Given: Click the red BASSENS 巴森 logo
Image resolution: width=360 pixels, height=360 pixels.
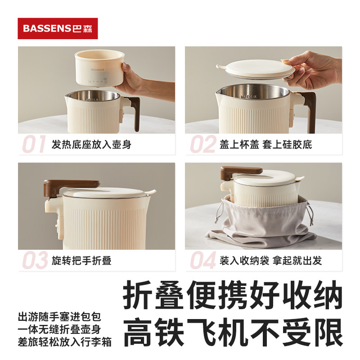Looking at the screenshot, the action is click(58, 28).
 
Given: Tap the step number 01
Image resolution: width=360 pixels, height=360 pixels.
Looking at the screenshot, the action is click(34, 144).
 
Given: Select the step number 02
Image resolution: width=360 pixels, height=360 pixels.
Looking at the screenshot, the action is click(203, 144).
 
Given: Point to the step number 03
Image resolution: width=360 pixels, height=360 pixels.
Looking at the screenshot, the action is click(35, 260).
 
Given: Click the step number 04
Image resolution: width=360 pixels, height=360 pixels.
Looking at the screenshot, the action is click(203, 260).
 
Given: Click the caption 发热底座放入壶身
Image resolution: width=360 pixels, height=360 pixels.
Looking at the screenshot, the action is click(91, 144).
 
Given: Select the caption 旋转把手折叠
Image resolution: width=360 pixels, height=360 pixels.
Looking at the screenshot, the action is click(81, 261).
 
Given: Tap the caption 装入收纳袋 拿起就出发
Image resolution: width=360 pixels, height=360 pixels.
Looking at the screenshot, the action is click(271, 261).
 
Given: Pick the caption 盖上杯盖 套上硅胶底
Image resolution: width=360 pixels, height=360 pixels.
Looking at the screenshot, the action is click(265, 144).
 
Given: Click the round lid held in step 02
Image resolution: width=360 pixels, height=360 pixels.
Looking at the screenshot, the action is click(255, 68).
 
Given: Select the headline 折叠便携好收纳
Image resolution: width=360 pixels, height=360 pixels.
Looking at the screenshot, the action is click(233, 295).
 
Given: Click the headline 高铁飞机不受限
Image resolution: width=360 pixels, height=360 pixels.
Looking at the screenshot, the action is click(233, 332).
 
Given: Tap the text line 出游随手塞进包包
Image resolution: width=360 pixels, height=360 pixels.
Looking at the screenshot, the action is click(59, 317).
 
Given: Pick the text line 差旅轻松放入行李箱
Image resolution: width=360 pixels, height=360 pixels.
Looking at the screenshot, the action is click(64, 342).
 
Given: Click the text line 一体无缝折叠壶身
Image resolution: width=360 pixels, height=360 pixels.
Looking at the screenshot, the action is click(59, 329).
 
